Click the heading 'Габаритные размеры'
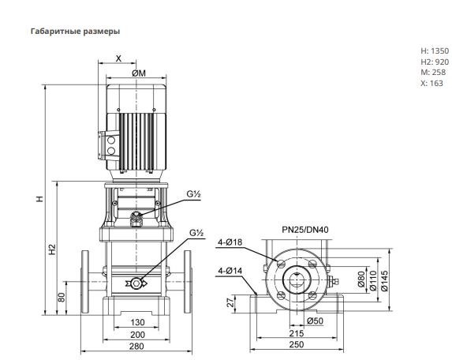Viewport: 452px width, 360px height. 75,31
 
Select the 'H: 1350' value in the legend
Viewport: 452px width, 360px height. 435,51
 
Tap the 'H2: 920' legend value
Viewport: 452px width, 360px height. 435,62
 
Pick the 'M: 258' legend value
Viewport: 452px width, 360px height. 433,73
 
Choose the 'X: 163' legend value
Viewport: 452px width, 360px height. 431,84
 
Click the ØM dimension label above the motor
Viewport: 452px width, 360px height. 139,73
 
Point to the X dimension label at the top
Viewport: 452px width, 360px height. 118,58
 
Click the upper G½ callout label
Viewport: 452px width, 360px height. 193,194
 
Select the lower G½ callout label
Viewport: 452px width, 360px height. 196,233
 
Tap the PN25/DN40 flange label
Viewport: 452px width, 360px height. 305,230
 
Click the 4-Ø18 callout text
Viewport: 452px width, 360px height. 230,242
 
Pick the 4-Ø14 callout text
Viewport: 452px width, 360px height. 230,271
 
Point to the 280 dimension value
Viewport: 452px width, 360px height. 136,346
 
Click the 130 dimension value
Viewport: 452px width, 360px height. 137,322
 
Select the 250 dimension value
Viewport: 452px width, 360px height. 297,344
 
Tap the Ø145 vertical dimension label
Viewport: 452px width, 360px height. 384,280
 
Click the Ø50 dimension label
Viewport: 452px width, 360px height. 315,321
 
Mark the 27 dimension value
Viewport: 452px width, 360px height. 230,303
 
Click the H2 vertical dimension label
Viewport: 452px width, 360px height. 52,249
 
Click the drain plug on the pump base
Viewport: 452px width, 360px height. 136,283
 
